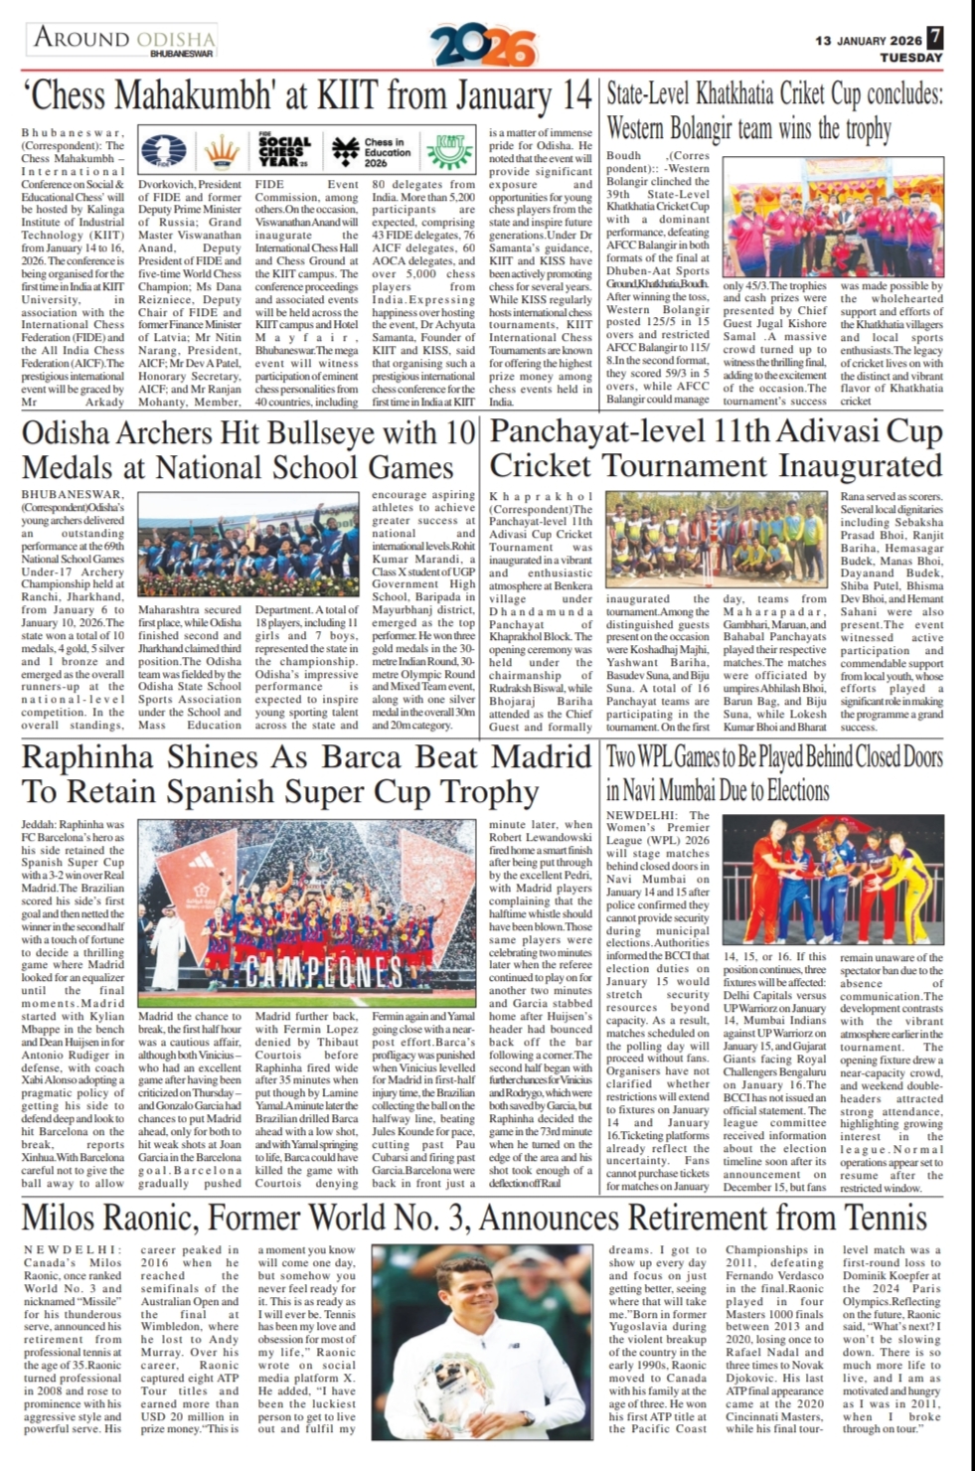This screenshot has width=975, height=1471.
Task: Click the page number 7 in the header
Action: (x=936, y=39)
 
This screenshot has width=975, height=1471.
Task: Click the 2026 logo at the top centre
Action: (x=484, y=45)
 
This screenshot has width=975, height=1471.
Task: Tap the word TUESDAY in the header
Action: (x=910, y=58)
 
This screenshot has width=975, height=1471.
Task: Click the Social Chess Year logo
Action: (x=284, y=151)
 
